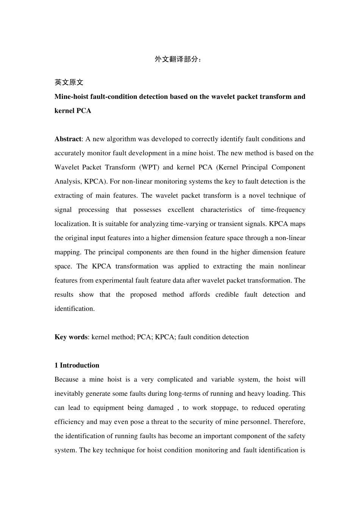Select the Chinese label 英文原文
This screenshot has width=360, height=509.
coord(69,82)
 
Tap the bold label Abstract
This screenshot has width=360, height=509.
coord(68,139)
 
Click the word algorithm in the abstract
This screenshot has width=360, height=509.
coord(121,139)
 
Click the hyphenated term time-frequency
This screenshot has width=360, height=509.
coord(283,210)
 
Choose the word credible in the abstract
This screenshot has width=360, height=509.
coord(227,295)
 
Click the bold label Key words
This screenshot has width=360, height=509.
coord(71,337)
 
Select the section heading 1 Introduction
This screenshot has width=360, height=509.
coord(77,365)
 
